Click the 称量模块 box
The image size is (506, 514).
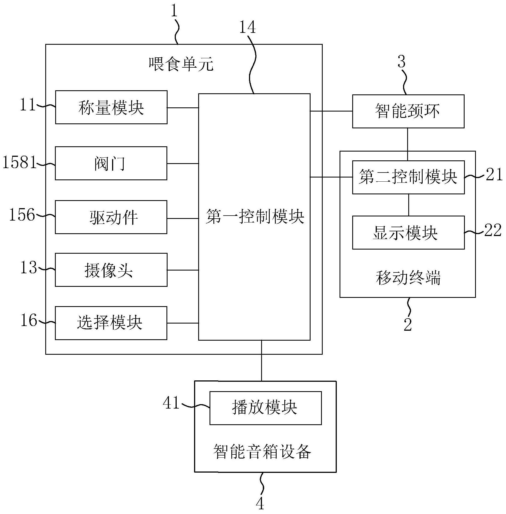[111, 107]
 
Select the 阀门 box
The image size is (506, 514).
[111, 163]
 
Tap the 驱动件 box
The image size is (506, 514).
[111, 217]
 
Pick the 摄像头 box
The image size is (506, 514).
[111, 270]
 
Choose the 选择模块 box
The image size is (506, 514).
[111, 323]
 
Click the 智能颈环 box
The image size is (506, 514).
[408, 111]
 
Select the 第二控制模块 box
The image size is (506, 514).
[408, 177]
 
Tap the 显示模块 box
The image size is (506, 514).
[408, 233]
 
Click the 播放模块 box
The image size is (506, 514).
[265, 408]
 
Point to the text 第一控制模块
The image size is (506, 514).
[255, 217]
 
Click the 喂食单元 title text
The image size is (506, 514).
[181, 64]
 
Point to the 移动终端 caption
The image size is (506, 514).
[408, 278]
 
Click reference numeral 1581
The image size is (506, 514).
[19, 162]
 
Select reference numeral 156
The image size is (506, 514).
[22, 215]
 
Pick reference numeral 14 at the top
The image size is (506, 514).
[247, 27]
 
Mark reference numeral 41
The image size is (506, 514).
[171, 403]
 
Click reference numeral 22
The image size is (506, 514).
[493, 230]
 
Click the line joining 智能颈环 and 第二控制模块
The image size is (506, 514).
[408, 144]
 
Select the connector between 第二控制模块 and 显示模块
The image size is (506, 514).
[409, 205]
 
